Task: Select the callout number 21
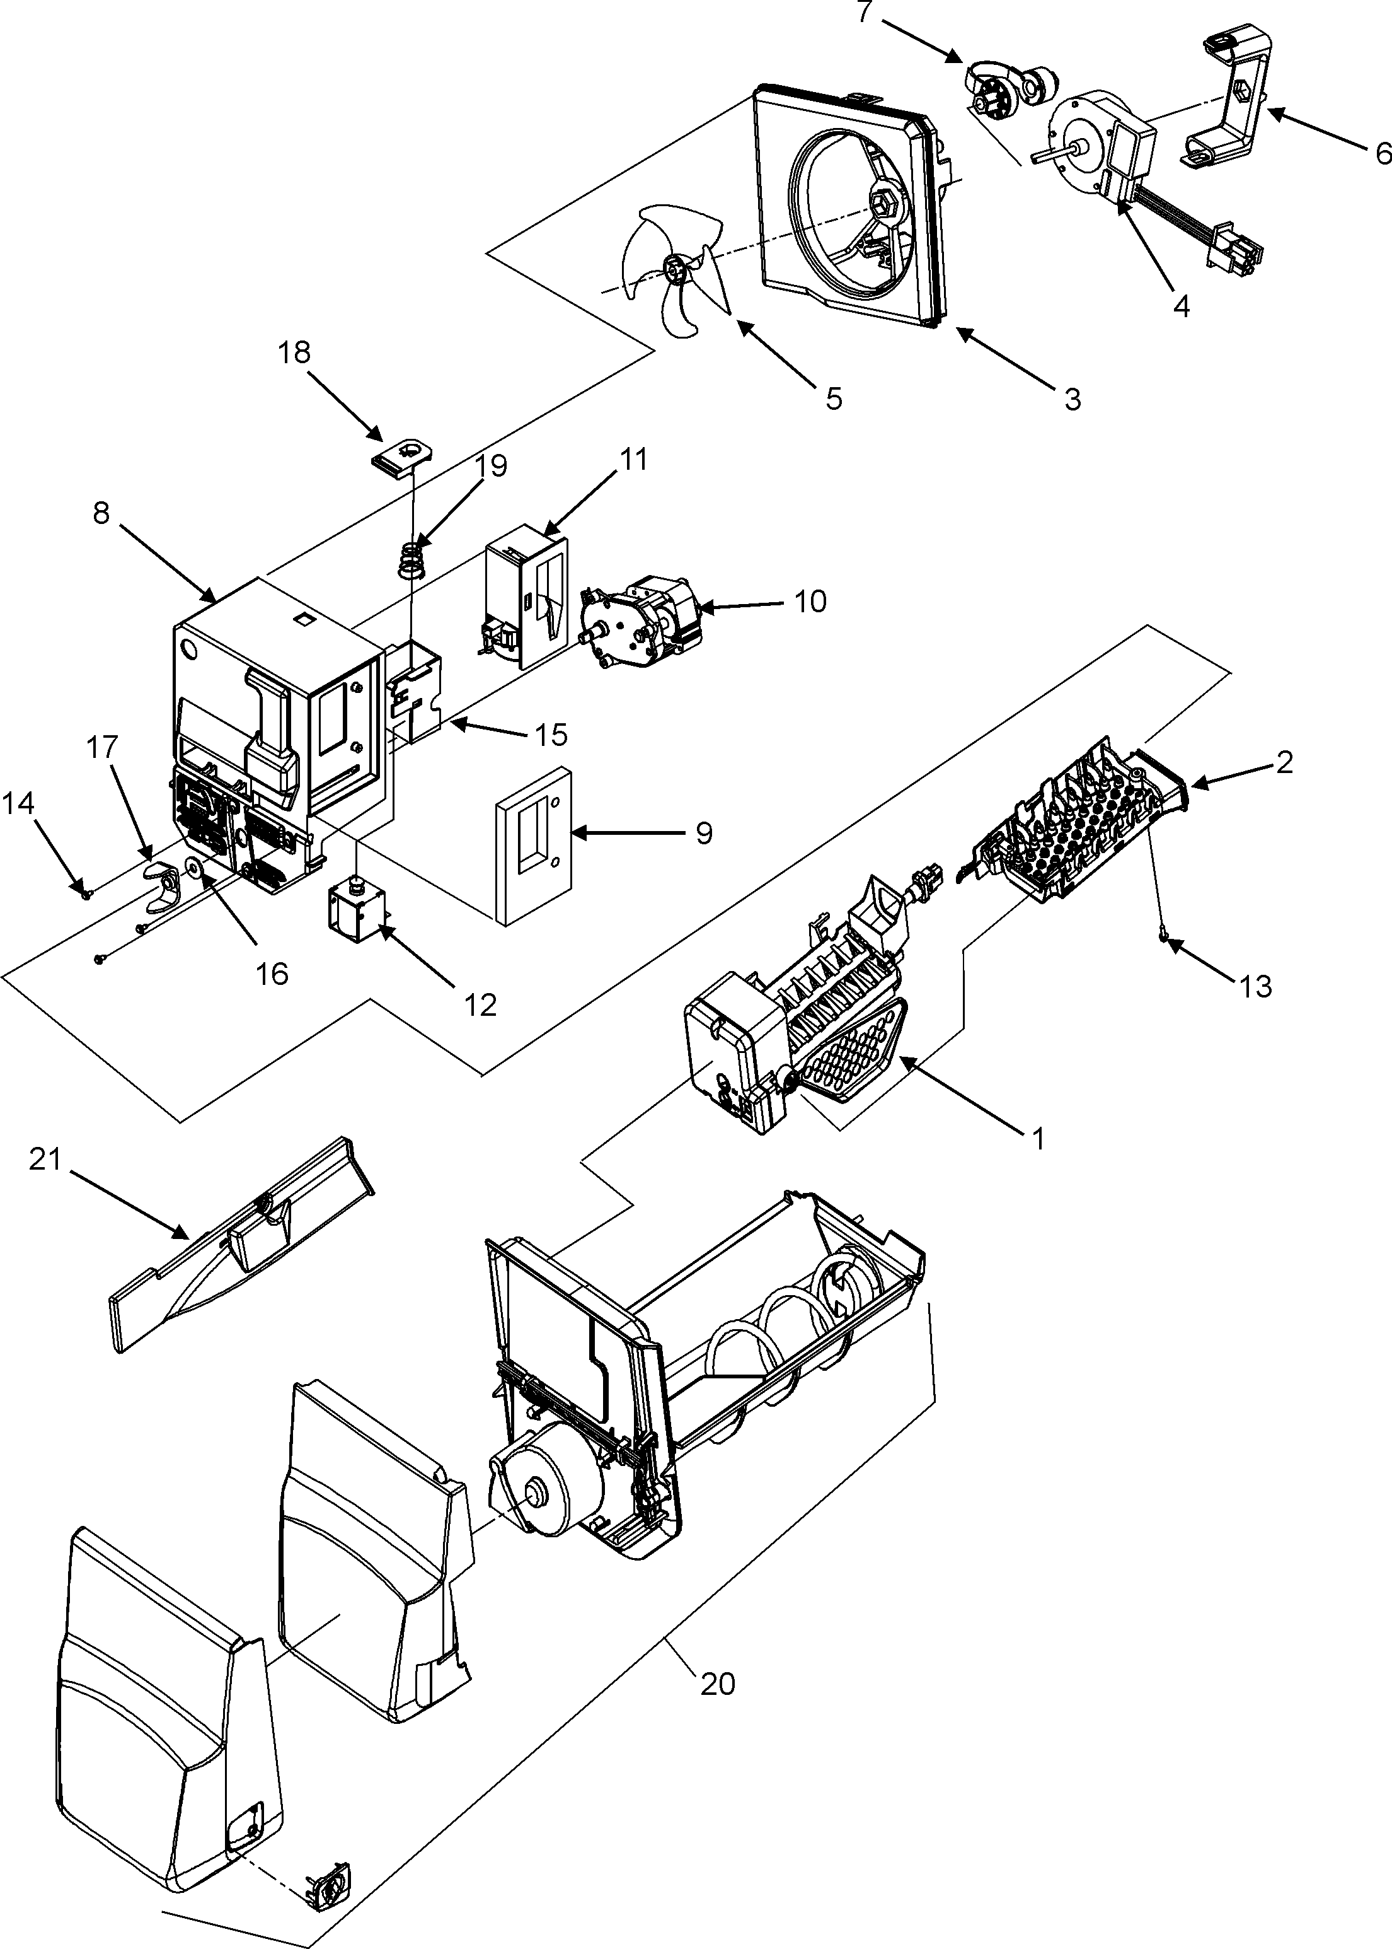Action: tap(45, 1160)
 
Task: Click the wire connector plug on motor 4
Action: tap(1240, 255)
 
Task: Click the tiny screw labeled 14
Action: tap(86, 893)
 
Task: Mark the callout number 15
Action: tap(551, 734)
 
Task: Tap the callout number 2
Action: tap(1284, 762)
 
